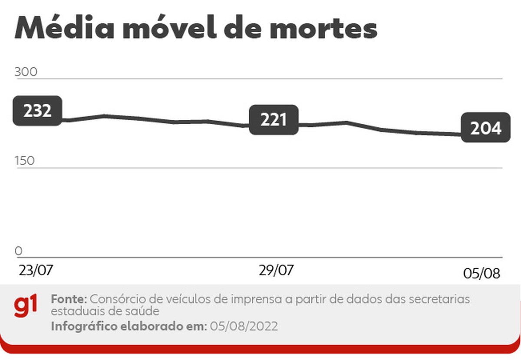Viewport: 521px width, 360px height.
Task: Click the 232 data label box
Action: pyautogui.click(x=37, y=111)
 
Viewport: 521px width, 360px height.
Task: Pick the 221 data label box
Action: pyautogui.click(x=274, y=119)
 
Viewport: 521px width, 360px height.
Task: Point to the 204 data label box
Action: pyautogui.click(x=485, y=128)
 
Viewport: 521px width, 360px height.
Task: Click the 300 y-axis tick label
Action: pyautogui.click(x=26, y=72)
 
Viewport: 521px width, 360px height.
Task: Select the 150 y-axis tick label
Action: pyautogui.click(x=25, y=161)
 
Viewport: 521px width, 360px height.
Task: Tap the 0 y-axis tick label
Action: pyautogui.click(x=18, y=251)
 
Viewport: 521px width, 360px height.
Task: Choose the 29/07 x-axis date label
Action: pyautogui.click(x=276, y=270)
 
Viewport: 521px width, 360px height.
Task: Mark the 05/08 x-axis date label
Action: pyautogui.click(x=481, y=274)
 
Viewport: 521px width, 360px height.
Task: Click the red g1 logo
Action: pyautogui.click(x=26, y=306)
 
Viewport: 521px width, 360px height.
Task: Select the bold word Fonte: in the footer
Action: pyautogui.click(x=70, y=299)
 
